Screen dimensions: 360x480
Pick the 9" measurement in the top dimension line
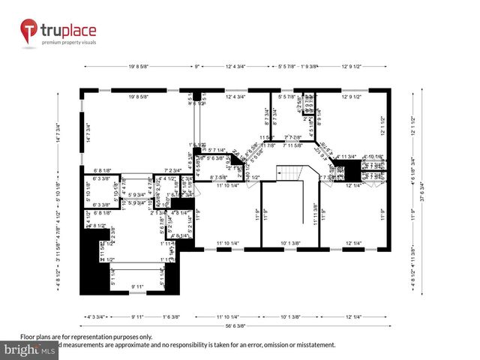[x=197, y=67]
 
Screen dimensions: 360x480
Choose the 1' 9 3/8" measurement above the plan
[x=309, y=67]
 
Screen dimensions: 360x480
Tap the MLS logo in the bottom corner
[x=29, y=349]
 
